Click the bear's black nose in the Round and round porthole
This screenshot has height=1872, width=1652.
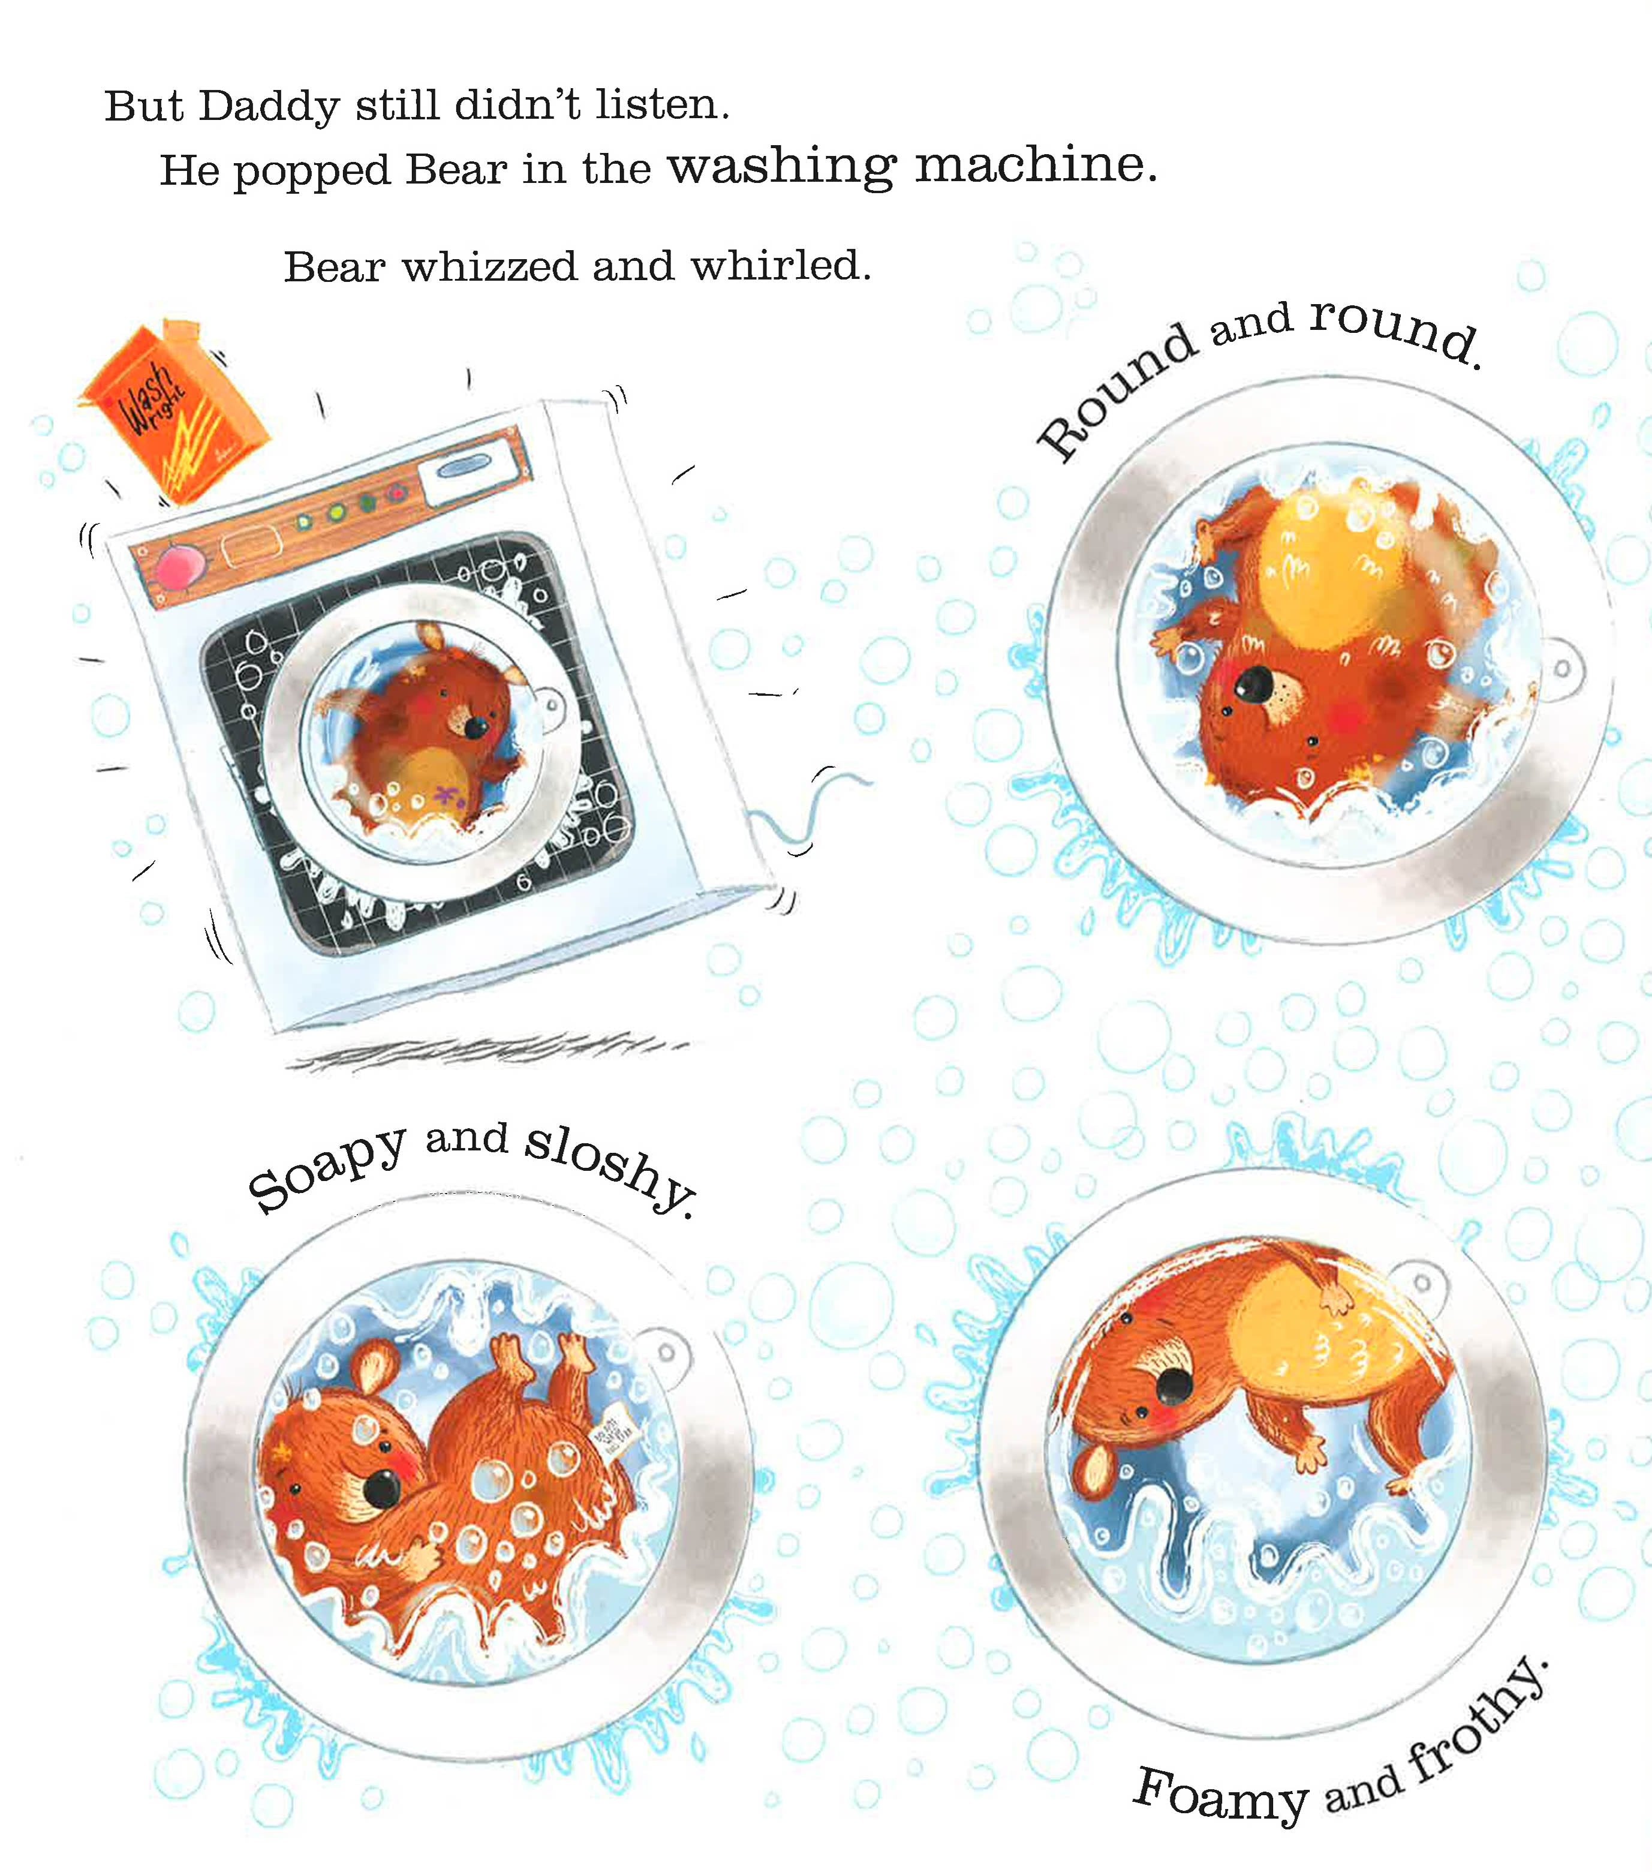point(1254,683)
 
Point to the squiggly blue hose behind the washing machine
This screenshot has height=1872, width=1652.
point(815,806)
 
